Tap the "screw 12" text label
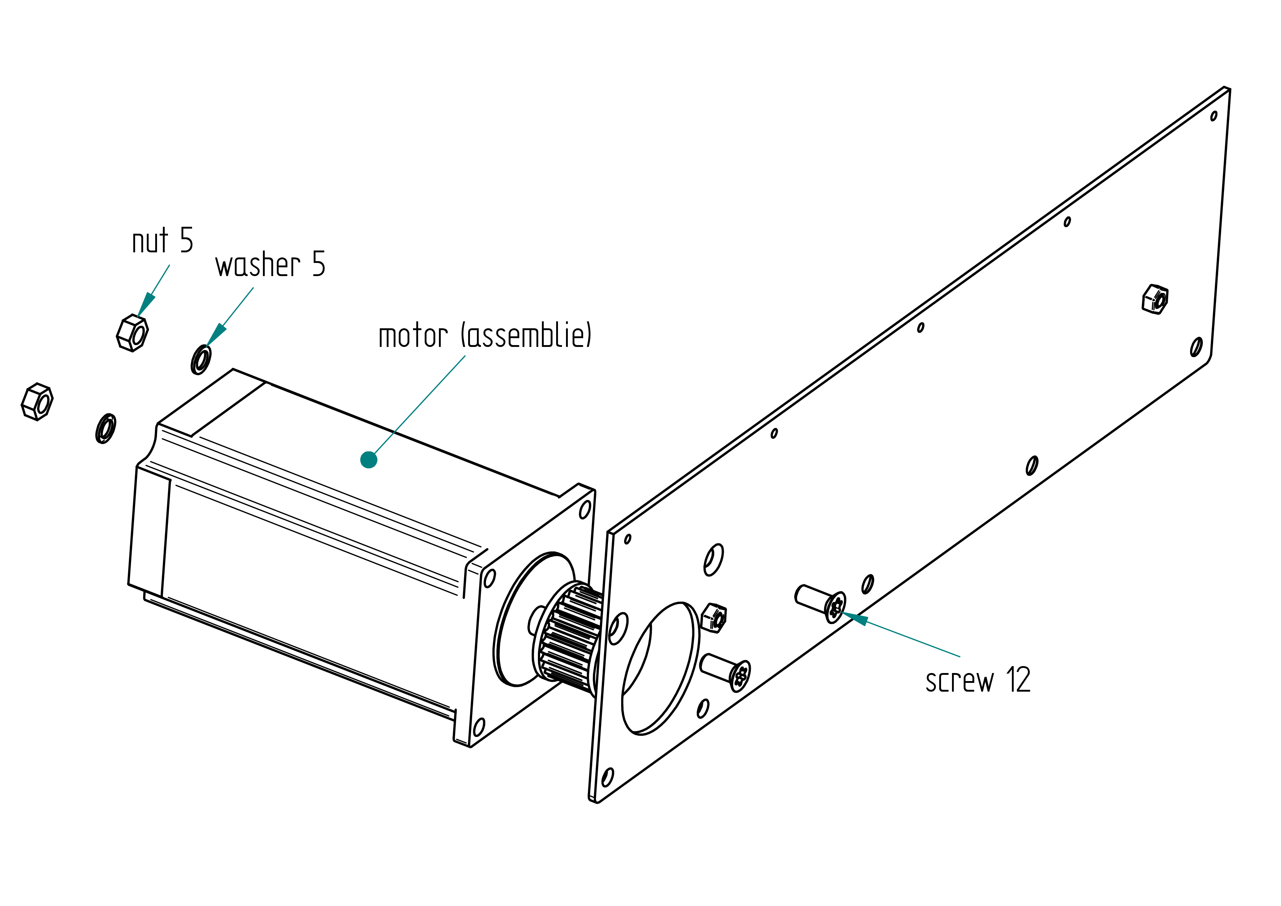[x=978, y=680]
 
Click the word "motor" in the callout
[x=413, y=336]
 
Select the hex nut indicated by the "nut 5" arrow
[x=132, y=333]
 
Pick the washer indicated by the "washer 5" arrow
[x=201, y=360]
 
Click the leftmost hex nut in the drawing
[x=37, y=402]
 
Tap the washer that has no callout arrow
[x=106, y=428]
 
